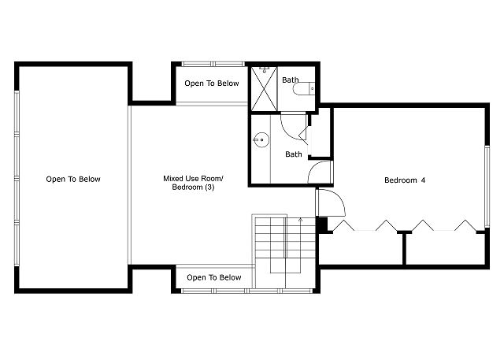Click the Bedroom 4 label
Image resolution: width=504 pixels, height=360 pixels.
coord(405,180)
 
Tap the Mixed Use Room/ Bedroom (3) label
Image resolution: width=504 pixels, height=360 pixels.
coord(193,183)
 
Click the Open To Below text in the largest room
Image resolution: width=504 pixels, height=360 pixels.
coord(73,179)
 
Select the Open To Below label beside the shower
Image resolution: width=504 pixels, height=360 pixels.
coord(212,84)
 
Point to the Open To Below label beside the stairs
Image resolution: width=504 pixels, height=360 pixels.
coord(214,277)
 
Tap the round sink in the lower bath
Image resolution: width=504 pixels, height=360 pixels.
coord(261,139)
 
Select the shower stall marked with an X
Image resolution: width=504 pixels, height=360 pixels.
coord(264,88)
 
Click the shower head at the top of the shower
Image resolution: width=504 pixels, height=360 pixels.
coord(265,69)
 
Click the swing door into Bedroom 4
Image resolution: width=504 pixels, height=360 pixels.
coord(331,202)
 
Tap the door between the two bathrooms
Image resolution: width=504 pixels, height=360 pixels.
coord(293,126)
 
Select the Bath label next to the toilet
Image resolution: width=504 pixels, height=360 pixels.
coord(291,80)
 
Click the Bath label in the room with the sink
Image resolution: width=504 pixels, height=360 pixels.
coord(294,154)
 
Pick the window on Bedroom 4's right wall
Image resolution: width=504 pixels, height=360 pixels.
coord(487,187)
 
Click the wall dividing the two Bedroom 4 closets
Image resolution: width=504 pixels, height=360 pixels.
coord(404,248)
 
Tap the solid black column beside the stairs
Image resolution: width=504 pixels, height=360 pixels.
coord(322,224)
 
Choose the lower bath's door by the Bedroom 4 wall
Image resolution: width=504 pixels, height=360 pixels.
coord(320,172)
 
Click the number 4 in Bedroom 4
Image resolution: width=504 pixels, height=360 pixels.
coord(423,180)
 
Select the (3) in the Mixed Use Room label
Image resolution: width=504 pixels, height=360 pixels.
coord(209,187)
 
